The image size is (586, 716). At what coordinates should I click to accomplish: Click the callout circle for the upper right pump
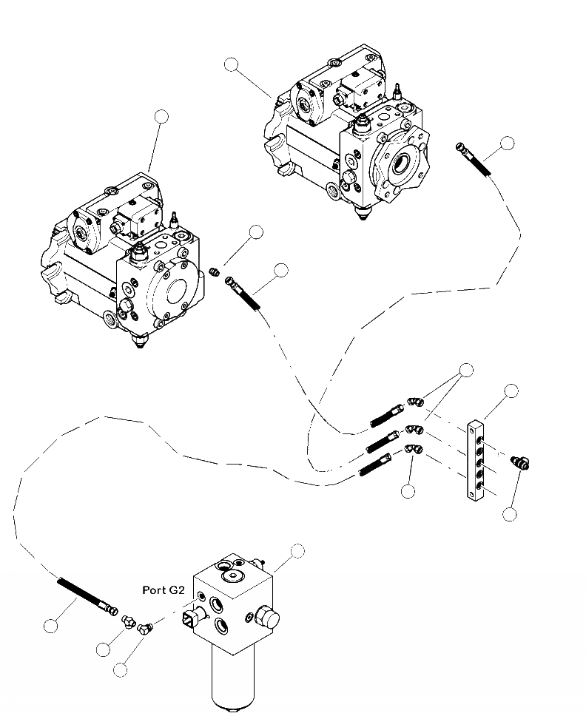pyautogui.click(x=232, y=65)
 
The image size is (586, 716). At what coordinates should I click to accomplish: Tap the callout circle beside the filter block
pyautogui.click(x=297, y=550)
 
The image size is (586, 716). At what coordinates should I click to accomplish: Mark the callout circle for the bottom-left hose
pyautogui.click(x=50, y=626)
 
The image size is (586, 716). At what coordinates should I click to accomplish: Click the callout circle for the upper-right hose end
pyautogui.click(x=507, y=143)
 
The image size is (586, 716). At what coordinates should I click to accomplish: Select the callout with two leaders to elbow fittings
pyautogui.click(x=465, y=370)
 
